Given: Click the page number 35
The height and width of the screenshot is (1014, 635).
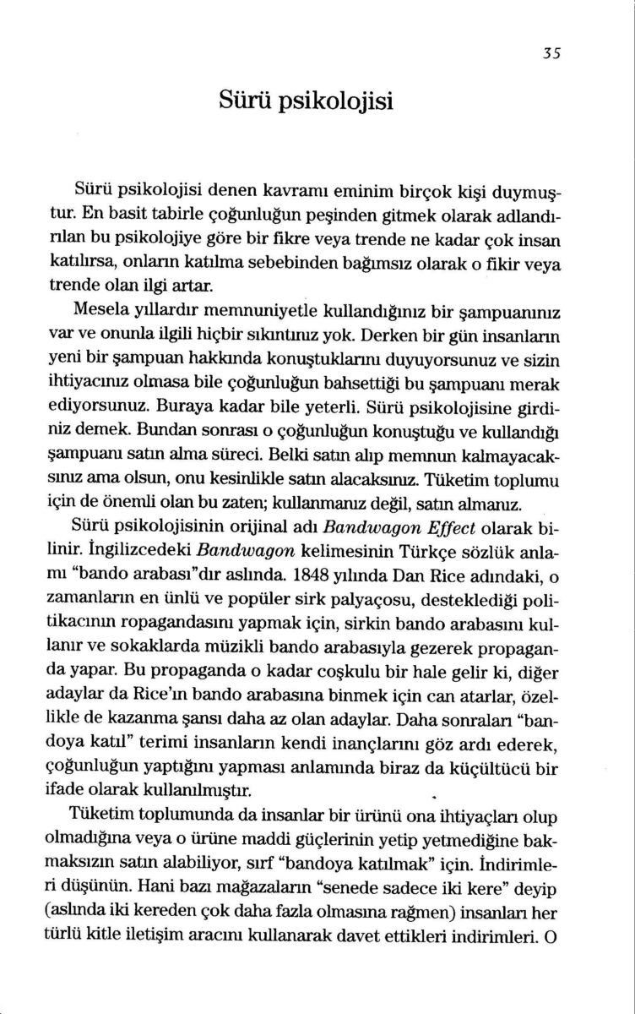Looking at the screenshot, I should (552, 50).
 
